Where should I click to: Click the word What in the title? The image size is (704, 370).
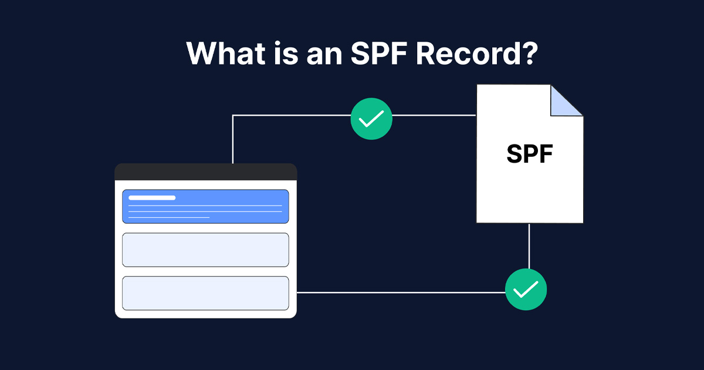[x=226, y=53]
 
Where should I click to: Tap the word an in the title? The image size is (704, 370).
[x=324, y=56]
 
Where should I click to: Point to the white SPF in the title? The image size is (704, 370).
[x=380, y=53]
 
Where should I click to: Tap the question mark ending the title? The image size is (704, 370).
[x=529, y=53]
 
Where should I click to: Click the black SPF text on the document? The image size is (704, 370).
[x=530, y=154]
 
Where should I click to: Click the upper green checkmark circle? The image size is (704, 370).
[x=371, y=119]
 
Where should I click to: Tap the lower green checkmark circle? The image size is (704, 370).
[x=526, y=290]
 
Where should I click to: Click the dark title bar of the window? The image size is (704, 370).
[x=206, y=171]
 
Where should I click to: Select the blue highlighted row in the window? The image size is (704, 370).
[x=205, y=206]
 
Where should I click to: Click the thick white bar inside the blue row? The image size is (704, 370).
[x=152, y=197]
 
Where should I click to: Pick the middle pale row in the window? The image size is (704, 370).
[x=205, y=250]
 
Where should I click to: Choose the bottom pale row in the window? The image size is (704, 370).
[x=205, y=293]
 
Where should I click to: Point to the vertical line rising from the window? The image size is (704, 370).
[x=232, y=139]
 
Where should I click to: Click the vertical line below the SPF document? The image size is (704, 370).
[x=529, y=246]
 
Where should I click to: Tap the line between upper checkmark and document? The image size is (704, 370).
[x=434, y=116]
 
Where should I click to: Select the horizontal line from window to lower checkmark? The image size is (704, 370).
[x=401, y=292]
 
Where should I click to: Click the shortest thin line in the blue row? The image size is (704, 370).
[x=169, y=217]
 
